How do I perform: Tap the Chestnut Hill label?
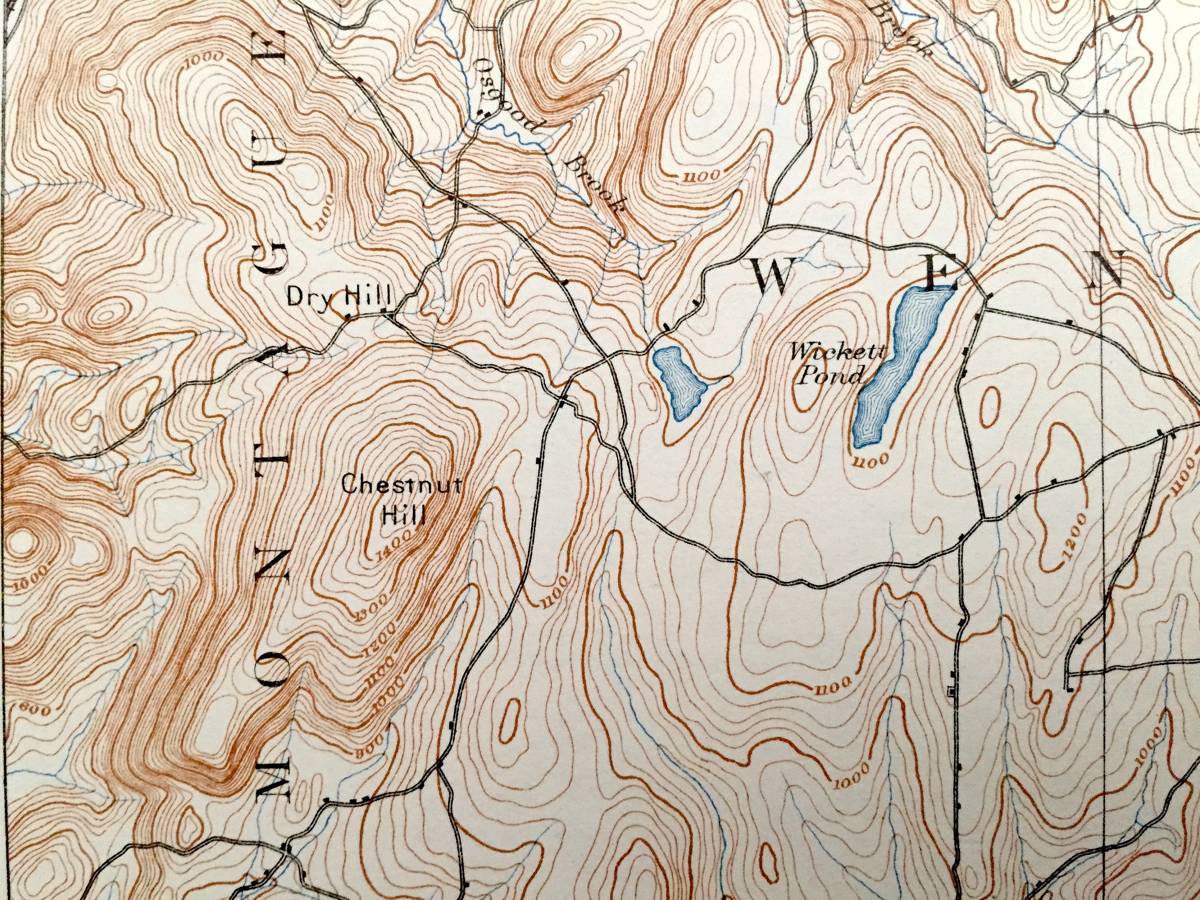[x=402, y=499]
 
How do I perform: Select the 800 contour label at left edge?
[x=34, y=708]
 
